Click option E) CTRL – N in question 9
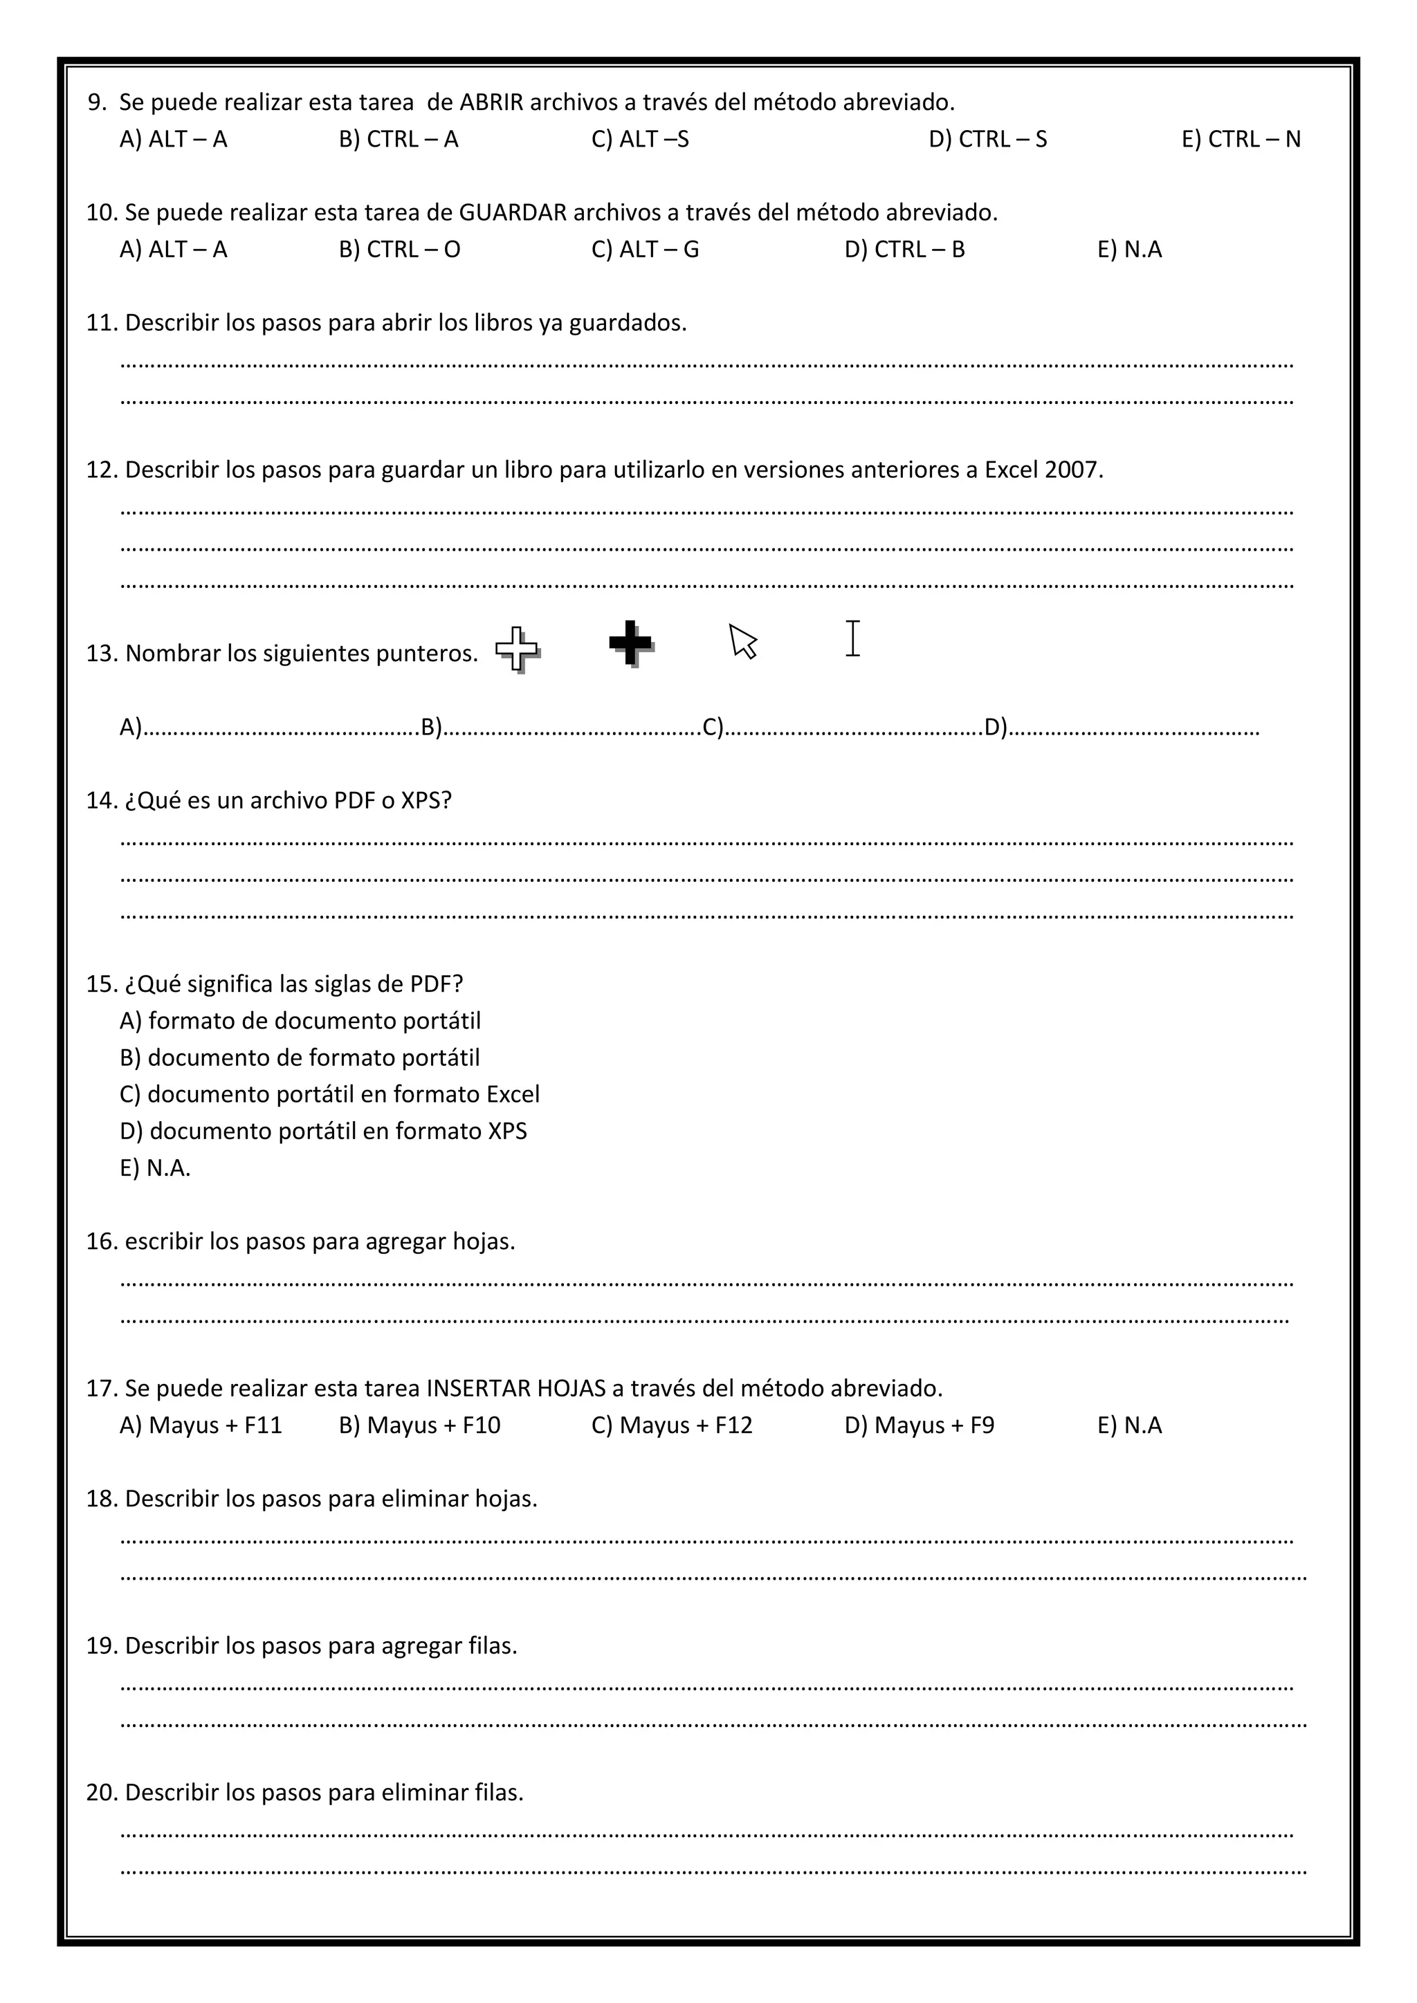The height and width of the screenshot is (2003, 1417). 1240,140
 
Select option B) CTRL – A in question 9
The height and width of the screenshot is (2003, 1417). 398,140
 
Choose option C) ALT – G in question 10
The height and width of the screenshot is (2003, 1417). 645,250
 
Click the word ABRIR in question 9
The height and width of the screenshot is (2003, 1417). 491,103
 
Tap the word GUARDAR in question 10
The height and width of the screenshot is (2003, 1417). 512,213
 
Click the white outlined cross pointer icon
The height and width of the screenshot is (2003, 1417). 518,649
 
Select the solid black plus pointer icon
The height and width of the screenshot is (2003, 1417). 631,643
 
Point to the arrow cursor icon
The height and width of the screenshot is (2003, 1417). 742,641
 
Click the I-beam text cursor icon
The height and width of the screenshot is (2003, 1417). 852,638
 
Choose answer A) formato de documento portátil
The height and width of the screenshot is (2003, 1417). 300,1021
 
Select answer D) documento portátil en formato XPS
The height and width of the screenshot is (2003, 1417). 323,1132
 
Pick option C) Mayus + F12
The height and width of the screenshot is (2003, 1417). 671,1425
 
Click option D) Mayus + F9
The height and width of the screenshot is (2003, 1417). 919,1425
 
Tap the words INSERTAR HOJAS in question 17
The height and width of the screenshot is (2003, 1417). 515,1389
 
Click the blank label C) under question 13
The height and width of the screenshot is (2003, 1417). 713,727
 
